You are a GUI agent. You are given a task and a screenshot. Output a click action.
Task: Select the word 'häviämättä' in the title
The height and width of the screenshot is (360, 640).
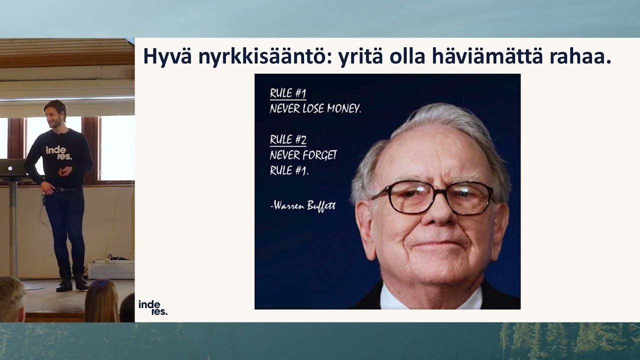point(487,56)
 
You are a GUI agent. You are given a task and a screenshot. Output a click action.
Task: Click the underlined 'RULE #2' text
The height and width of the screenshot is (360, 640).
point(288,139)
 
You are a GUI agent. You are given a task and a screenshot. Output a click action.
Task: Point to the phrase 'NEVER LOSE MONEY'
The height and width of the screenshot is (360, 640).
point(315,108)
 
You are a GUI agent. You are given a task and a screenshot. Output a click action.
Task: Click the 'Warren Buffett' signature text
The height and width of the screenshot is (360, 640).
point(303,205)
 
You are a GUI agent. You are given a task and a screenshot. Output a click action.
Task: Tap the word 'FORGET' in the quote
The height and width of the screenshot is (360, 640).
point(320,155)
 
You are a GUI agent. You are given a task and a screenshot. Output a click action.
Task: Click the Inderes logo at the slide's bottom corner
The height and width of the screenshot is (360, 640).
point(153,307)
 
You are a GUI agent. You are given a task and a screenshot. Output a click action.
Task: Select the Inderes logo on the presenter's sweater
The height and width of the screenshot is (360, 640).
point(59,153)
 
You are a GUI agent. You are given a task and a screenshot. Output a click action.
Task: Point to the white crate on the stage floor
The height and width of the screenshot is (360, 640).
point(111,269)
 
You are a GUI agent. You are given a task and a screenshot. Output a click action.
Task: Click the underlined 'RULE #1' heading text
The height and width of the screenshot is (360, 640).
point(288,93)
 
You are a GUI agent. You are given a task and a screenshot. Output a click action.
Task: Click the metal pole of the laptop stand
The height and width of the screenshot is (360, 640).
point(13,228)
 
